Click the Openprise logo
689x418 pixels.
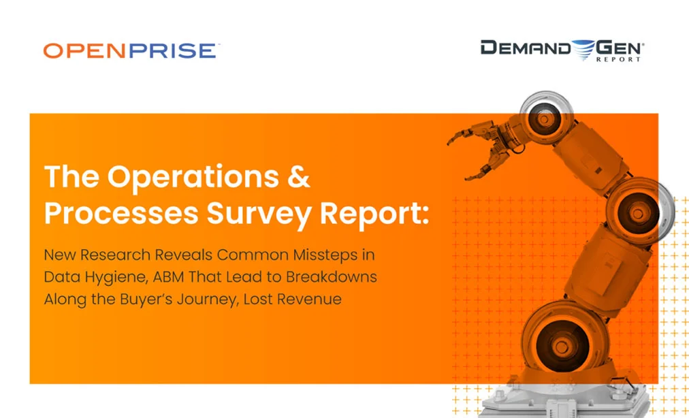131,50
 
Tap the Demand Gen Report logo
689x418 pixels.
562,50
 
